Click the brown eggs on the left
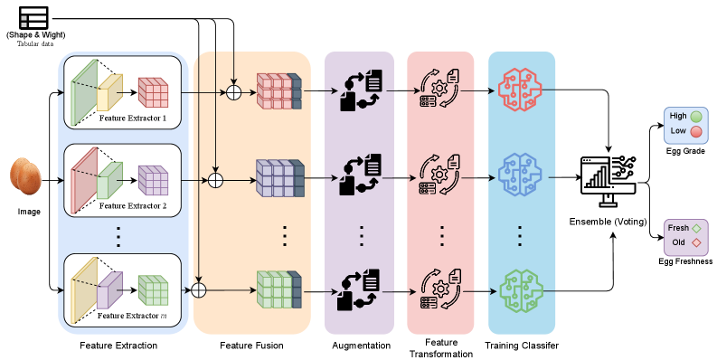tap(25, 176)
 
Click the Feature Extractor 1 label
tap(133, 119)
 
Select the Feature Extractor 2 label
tap(133, 206)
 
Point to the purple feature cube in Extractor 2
tap(154, 180)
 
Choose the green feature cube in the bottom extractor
tap(154, 289)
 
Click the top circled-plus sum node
tap(234, 91)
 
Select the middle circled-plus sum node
tap(216, 179)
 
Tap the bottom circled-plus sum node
tap(199, 290)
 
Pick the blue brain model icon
tap(522, 178)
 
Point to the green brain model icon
tap(522, 290)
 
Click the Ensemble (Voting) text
tap(609, 222)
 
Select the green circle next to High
tap(696, 117)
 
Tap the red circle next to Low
tap(696, 131)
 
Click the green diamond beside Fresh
tap(696, 229)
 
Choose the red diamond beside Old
tap(696, 242)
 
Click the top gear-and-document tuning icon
tap(441, 90)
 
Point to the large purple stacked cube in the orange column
tap(277, 178)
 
